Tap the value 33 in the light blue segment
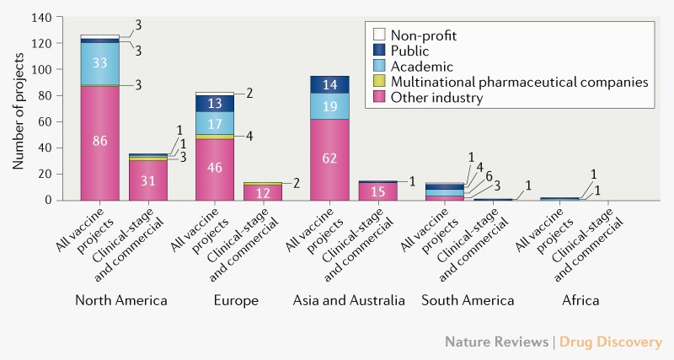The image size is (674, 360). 99,62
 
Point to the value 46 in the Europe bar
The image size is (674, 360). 215,169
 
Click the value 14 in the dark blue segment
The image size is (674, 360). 329,84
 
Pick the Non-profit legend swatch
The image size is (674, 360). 378,35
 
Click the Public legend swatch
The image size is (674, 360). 378,50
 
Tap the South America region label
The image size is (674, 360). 465,301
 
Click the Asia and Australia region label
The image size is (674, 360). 349,301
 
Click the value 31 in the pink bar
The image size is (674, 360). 148,180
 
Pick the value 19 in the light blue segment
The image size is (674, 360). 329,105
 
